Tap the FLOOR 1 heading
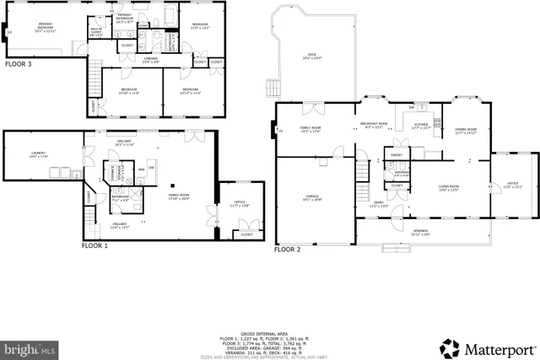pos(94,245)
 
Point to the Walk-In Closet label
pos(96,34)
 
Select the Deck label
pos(311,56)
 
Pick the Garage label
pos(312,198)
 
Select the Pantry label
pos(394,156)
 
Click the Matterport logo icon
pos(447,347)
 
